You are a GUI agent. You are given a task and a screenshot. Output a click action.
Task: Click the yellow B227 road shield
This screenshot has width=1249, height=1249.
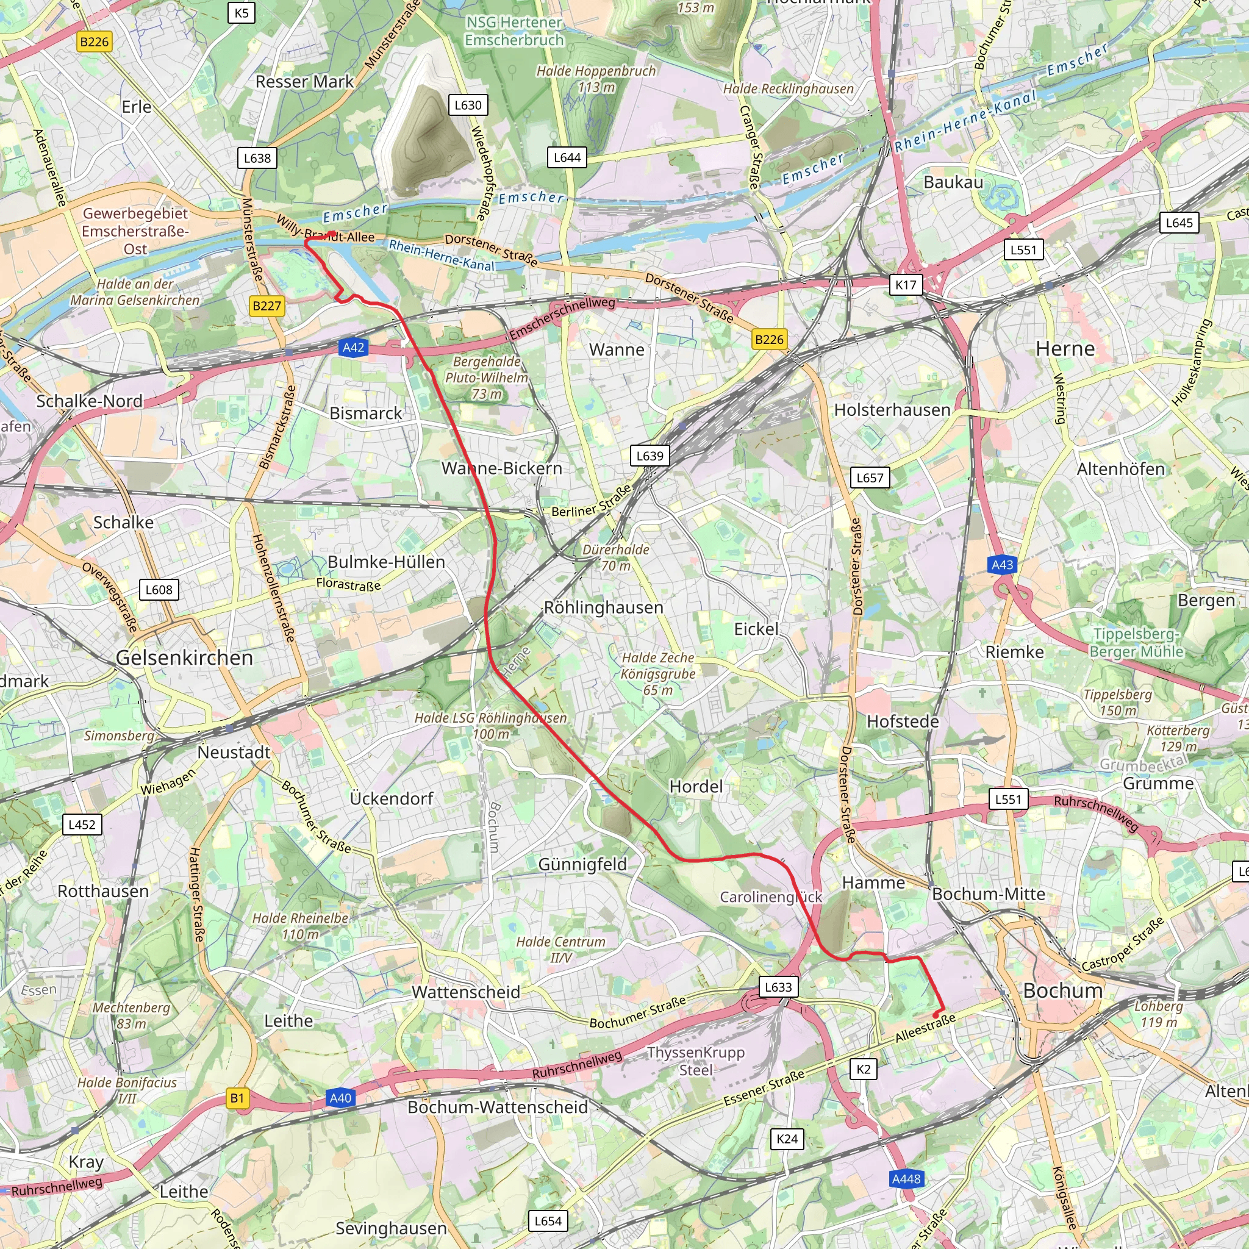[267, 306]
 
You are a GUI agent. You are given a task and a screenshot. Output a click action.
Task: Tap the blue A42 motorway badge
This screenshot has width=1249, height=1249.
[353, 348]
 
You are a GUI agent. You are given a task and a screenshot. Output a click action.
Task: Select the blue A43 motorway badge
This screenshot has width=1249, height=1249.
[1002, 564]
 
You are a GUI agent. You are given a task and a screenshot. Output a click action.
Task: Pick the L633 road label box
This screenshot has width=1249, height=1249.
[778, 987]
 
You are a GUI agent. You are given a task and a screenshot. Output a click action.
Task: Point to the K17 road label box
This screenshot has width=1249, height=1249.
[906, 284]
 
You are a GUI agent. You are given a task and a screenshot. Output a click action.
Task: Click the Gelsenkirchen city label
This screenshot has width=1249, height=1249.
[184, 657]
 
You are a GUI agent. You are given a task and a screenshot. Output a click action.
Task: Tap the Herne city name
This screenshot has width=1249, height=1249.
[1065, 348]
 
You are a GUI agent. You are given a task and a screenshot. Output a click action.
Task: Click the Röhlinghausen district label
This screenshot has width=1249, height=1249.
[603, 607]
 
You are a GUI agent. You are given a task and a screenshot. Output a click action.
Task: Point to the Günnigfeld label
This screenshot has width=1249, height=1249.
[582, 864]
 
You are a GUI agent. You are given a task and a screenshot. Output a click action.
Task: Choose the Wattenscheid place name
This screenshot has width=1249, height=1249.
[465, 992]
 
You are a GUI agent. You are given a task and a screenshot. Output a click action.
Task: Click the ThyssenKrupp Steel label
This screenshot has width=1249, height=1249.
[696, 1061]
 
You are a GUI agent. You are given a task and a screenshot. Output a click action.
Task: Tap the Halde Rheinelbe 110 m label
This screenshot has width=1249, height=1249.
[300, 926]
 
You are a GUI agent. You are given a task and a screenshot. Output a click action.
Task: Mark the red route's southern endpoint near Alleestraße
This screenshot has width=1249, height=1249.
[936, 1015]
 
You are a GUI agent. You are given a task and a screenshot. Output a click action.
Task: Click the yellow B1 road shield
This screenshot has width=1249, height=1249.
[237, 1098]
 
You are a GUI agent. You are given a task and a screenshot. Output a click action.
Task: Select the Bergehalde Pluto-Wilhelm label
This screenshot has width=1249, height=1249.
[486, 378]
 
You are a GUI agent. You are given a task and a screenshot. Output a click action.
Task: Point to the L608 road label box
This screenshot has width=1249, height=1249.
[159, 590]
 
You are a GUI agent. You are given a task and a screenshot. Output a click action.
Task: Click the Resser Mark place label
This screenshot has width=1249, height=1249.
[304, 82]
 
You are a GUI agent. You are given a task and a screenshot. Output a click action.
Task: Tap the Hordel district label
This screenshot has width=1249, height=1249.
[696, 786]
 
